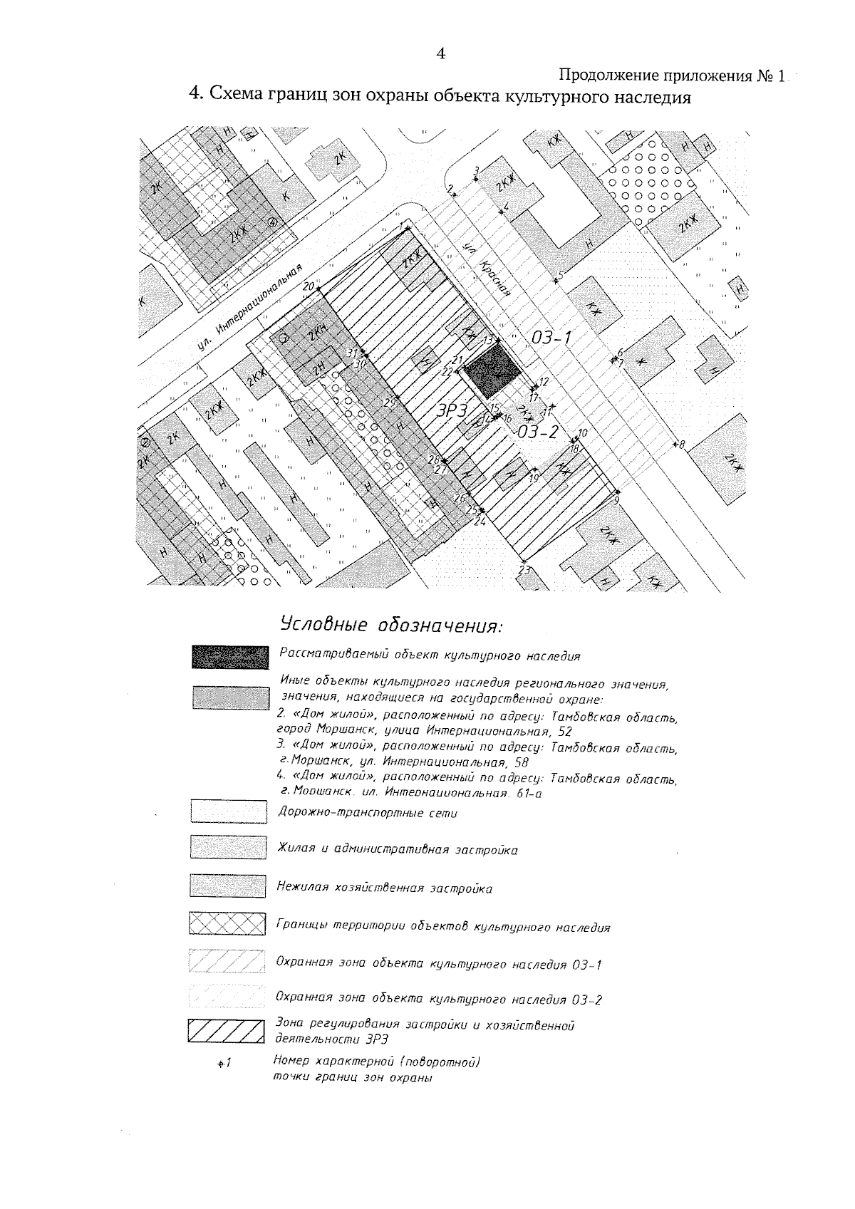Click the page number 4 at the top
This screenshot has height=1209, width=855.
pyautogui.click(x=441, y=53)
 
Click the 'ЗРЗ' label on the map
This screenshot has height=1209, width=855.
pyautogui.click(x=451, y=410)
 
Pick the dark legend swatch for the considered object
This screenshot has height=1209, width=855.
pyautogui.click(x=230, y=656)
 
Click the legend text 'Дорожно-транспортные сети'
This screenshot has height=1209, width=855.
pyautogui.click(x=367, y=813)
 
